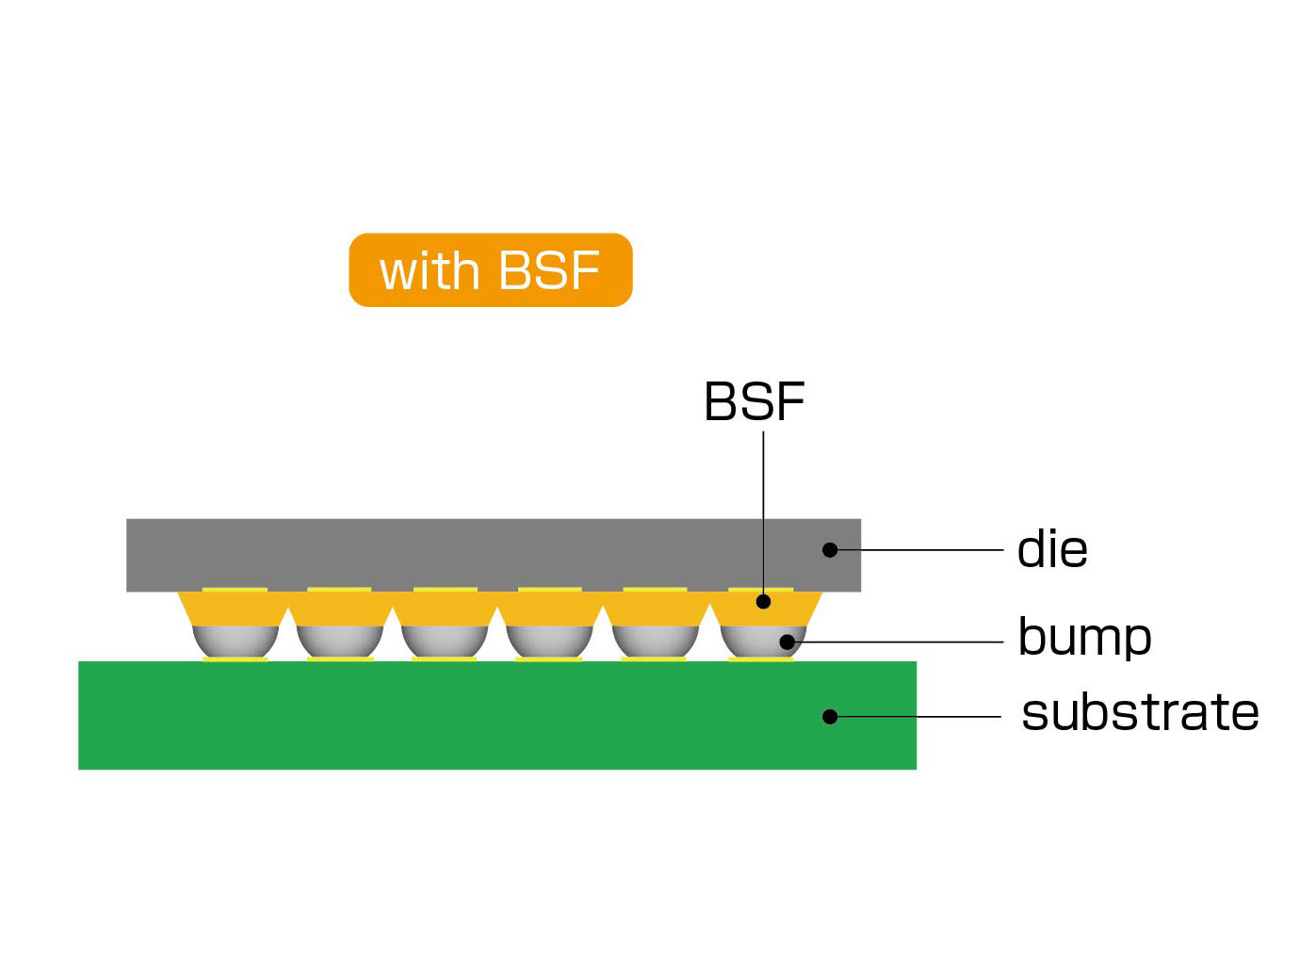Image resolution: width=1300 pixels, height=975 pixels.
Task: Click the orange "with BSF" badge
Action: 491,270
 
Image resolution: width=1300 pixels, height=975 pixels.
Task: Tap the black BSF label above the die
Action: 754,401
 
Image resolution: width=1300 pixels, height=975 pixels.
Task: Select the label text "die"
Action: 1052,549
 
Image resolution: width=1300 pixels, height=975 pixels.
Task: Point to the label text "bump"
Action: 1084,638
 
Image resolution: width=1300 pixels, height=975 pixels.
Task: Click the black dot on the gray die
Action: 830,550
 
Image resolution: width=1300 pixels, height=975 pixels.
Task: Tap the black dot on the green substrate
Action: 830,716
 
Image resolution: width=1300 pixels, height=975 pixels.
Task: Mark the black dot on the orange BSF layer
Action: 763,601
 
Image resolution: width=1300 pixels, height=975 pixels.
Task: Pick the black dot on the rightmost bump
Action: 788,642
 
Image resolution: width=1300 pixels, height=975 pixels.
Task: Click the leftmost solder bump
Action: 236,642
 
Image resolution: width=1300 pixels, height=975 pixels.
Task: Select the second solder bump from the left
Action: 340,642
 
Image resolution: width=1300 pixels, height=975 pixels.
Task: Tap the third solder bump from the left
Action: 445,642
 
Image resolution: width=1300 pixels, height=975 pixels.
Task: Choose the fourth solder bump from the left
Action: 549,642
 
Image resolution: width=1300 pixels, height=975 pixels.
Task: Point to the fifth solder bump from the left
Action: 655,642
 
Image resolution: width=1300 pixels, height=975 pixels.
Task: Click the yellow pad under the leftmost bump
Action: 236,658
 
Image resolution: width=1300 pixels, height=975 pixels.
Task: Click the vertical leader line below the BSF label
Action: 763,512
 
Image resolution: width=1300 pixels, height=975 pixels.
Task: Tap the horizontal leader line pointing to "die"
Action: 919,550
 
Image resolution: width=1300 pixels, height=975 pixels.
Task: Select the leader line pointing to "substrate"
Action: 918,716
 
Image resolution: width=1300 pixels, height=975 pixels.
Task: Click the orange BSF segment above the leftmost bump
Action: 233,609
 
